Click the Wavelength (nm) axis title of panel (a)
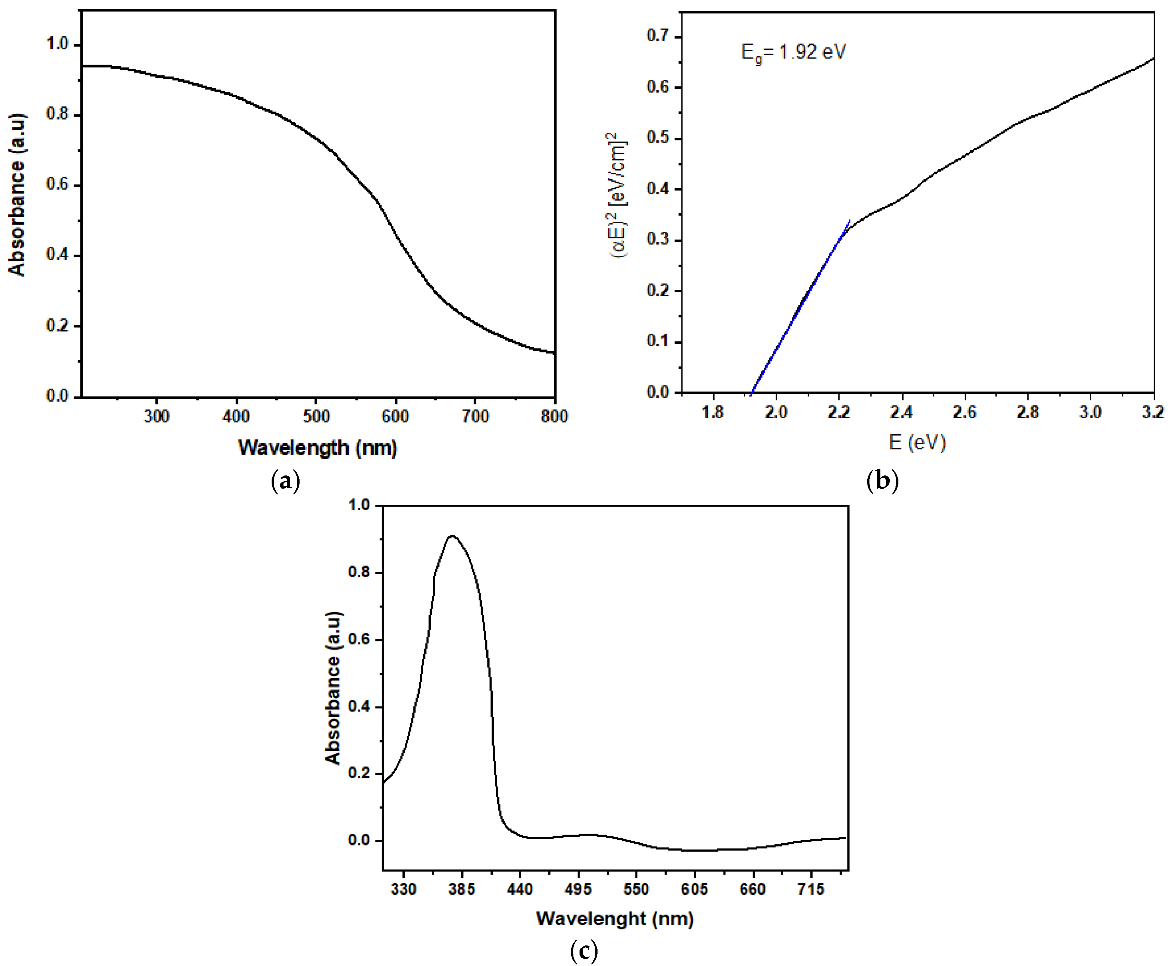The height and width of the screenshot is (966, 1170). tap(317, 448)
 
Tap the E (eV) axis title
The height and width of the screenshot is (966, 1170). tap(917, 443)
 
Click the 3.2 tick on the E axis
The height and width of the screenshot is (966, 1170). tap(1153, 412)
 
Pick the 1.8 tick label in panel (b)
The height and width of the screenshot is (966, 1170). tap(713, 412)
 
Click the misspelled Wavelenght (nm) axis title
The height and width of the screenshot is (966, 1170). tap(615, 919)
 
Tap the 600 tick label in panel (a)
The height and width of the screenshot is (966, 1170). tap(395, 416)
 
